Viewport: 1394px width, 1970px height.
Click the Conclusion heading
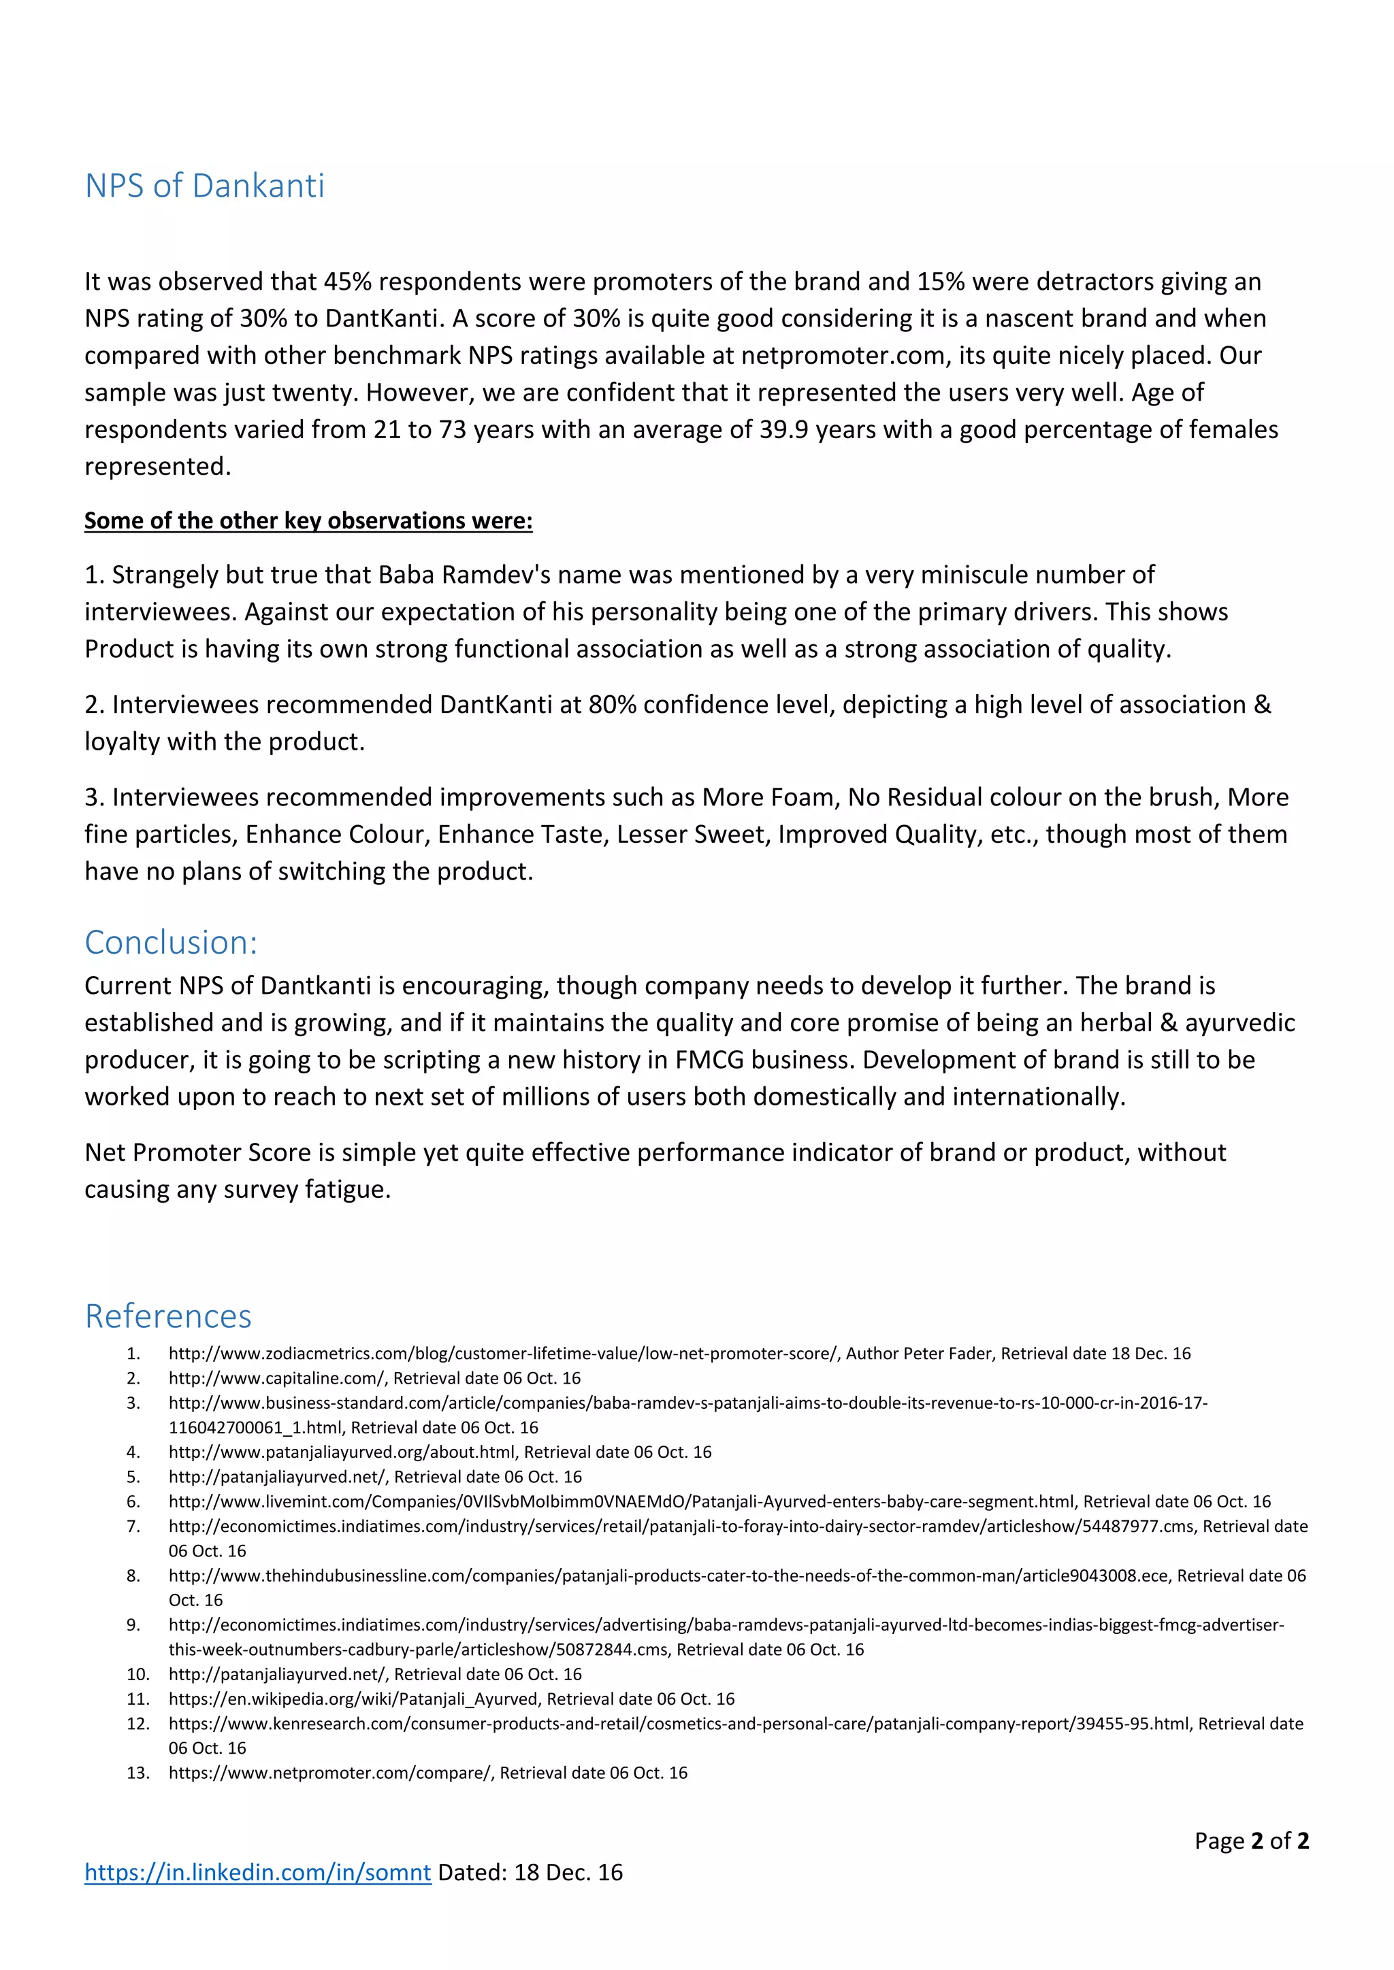(171, 942)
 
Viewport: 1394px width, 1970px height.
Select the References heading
(168, 1316)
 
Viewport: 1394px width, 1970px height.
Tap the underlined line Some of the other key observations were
(308, 521)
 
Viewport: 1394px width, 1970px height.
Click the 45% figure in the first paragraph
(346, 282)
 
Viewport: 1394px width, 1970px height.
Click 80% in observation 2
(611, 705)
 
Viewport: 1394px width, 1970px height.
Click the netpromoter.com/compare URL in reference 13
(331, 1773)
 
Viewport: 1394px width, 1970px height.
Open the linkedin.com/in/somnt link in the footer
(257, 1872)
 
